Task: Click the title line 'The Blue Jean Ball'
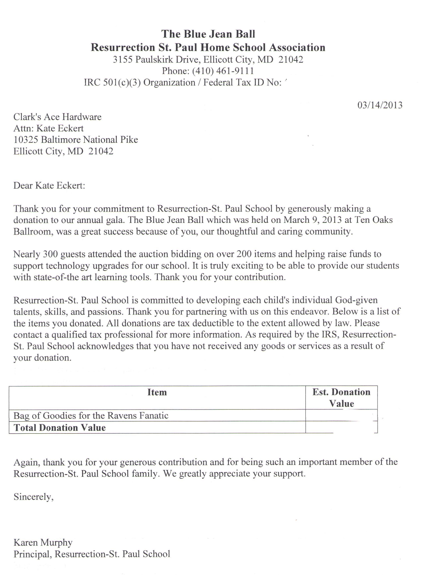click(x=208, y=34)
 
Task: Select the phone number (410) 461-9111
click(x=223, y=71)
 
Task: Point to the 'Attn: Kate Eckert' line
click(x=48, y=128)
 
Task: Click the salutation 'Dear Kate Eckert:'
click(x=49, y=185)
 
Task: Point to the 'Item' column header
click(x=157, y=392)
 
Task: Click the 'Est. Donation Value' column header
click(x=341, y=398)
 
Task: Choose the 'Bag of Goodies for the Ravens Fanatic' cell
click(x=91, y=415)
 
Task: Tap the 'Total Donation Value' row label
click(x=60, y=428)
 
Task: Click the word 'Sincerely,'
click(x=33, y=497)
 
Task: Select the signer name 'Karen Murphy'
click(x=43, y=542)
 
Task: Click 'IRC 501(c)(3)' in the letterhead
click(x=112, y=82)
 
